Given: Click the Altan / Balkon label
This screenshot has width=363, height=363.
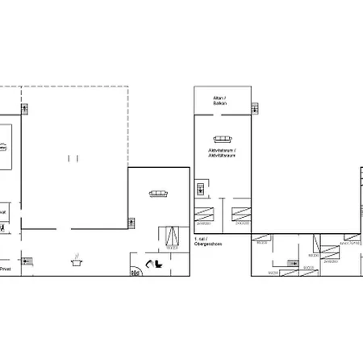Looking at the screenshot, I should click(x=219, y=101).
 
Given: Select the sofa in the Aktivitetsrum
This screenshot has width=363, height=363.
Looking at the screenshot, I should click(x=221, y=138).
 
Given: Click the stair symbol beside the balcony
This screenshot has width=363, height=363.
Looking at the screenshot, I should click(x=256, y=107).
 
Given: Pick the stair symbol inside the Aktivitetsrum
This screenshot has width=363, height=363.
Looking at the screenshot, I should click(x=199, y=189).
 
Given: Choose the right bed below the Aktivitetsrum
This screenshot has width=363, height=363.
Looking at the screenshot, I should click(x=240, y=215).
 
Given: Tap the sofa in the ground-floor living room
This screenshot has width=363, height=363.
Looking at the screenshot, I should click(x=158, y=193).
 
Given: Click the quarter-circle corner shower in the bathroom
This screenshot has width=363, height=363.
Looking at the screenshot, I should click(x=135, y=272).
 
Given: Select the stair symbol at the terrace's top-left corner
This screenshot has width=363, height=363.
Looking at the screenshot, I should click(x=24, y=108).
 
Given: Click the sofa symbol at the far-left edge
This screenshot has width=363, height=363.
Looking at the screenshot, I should click(x=3, y=146).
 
